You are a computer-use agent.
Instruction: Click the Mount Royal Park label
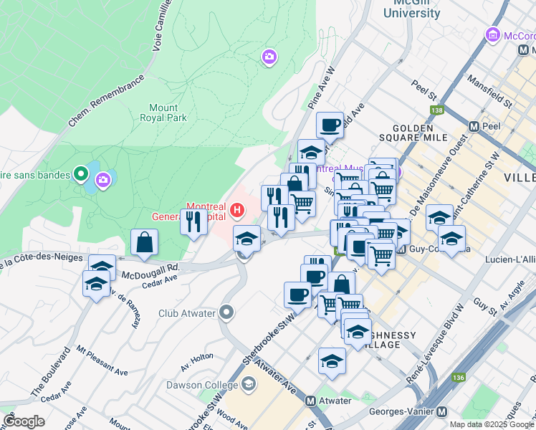point(163,113)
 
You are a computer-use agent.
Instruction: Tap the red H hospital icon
point(238,211)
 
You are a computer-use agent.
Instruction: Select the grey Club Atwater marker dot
point(227,312)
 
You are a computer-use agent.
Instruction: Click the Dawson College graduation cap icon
point(248,385)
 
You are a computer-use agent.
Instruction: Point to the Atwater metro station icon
point(311,401)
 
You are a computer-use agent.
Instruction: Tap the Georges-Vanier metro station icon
point(441,412)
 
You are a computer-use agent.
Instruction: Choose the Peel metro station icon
point(474,126)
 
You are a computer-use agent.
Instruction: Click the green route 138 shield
point(436,110)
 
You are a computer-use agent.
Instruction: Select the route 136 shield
point(458,377)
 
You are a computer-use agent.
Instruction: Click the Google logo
point(24,421)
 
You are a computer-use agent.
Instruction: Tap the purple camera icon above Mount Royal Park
point(269,57)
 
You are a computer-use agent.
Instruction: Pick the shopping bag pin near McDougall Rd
point(145,242)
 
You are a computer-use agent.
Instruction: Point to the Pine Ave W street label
point(322,89)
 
